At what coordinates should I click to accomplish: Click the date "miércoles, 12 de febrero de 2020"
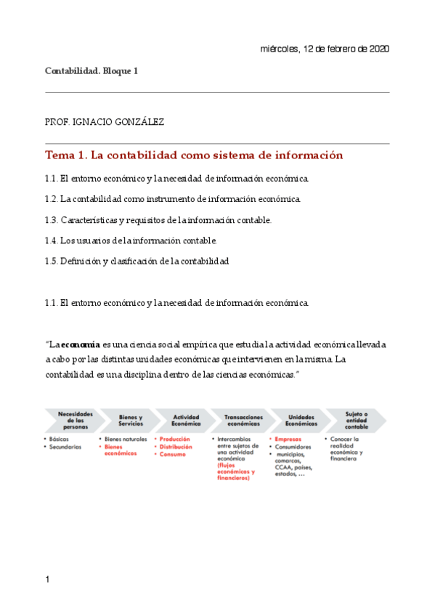324,49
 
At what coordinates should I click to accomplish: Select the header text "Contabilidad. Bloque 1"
91,71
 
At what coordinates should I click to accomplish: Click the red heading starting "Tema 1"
193,155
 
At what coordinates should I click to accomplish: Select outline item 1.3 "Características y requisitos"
158,219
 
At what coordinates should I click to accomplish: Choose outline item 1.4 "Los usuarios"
131,240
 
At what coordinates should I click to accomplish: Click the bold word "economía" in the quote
80,344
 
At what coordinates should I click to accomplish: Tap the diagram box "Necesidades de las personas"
76,420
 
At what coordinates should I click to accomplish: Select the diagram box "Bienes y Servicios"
131,420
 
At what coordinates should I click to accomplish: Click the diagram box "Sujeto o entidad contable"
356,420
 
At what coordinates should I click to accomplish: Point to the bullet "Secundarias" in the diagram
65,447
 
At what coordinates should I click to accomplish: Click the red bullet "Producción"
175,439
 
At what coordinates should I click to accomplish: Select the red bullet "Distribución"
176,447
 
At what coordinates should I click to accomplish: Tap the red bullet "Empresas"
288,439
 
